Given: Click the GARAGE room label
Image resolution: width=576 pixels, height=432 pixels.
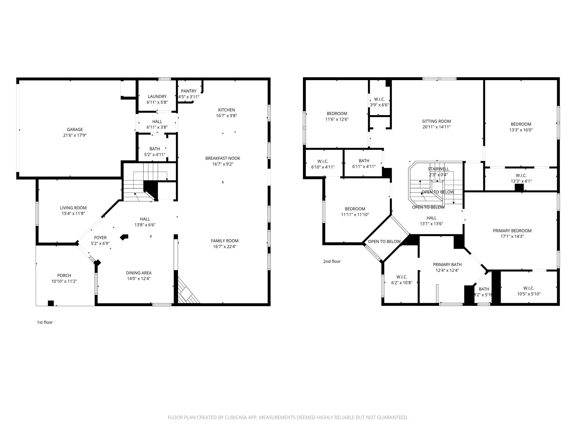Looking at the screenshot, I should tap(75, 129).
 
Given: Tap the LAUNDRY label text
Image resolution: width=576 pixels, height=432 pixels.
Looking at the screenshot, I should tap(157, 96).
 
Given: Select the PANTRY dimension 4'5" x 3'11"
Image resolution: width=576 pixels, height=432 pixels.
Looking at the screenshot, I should tap(188, 97).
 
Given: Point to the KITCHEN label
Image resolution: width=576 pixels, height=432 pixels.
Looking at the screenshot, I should tap(226, 110).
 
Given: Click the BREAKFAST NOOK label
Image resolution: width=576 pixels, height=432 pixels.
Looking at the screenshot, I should tap(223, 158).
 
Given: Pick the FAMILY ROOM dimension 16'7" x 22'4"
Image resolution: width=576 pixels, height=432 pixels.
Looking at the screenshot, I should tap(224, 247).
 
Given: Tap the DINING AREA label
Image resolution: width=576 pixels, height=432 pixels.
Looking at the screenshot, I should tap(139, 273).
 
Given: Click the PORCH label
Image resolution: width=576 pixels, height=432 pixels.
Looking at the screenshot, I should tap(64, 275).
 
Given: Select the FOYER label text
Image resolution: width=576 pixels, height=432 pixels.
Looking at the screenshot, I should tap(100, 238).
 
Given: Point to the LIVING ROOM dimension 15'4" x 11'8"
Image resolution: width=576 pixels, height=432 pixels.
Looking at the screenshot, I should tap(73, 213).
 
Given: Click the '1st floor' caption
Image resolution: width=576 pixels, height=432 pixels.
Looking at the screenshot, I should tap(45, 322).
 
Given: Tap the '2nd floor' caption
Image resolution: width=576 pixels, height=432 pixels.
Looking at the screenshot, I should tap(332, 261).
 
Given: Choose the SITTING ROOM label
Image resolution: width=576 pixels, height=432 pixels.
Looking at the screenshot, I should tap(436, 121).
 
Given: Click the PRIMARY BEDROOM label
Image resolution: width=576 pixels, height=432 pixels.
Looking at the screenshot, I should tap(512, 231).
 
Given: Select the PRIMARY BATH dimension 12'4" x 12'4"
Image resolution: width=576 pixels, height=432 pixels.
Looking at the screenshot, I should tap(447, 270).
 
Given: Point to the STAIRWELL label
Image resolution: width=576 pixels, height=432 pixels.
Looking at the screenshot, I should tap(438, 169).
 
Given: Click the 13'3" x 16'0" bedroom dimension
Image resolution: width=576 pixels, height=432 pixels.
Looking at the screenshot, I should tap(521, 130).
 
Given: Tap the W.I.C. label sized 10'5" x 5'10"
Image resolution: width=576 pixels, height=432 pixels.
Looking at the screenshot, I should tap(529, 288).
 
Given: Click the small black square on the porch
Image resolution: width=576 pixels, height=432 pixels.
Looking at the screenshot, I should tap(51, 303).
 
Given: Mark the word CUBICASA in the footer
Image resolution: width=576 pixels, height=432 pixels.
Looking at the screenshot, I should tap(236, 417).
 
